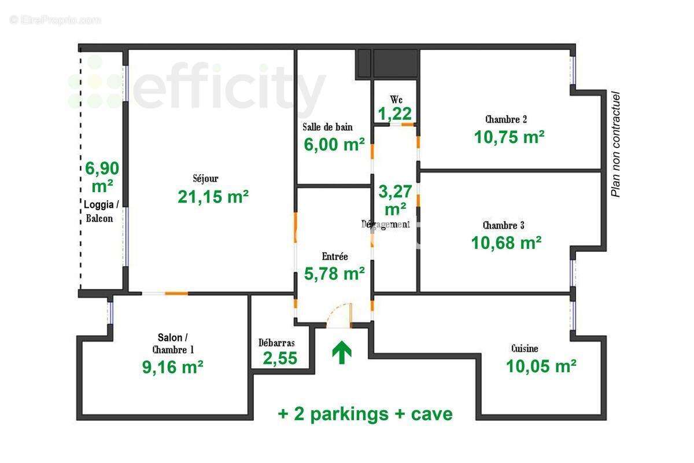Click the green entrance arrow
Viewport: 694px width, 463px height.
tap(342, 352)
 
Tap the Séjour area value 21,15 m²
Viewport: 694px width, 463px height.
tap(213, 197)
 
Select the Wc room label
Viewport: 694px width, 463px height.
tap(396, 99)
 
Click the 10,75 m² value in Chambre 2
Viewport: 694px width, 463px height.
tap(509, 137)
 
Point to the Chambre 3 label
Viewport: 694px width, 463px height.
tap(503, 225)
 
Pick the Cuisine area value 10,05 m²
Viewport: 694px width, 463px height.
tap(541, 366)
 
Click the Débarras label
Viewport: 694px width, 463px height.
tap(276, 343)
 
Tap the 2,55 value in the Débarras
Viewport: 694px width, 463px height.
tap(280, 358)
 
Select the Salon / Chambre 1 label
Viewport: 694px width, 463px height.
tap(172, 343)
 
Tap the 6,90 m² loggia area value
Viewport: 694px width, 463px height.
tap(102, 177)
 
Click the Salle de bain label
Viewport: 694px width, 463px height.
tap(327, 127)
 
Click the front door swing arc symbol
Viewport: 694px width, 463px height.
tap(339, 315)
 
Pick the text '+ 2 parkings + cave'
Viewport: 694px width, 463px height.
tap(365, 414)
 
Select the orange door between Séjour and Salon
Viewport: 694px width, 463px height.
tap(176, 293)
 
